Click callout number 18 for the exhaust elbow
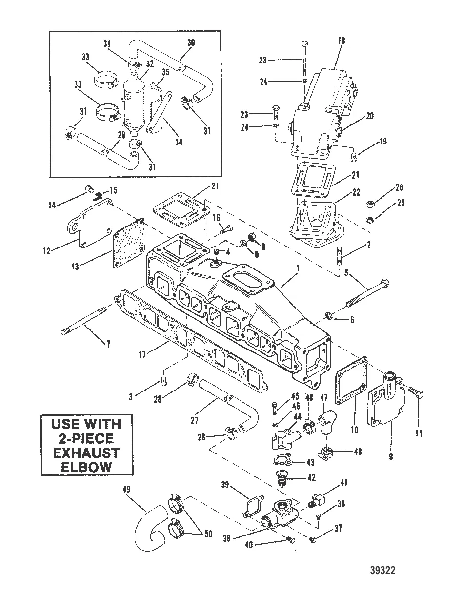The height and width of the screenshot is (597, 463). pyautogui.click(x=341, y=41)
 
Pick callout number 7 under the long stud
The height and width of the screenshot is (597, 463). pyautogui.click(x=108, y=344)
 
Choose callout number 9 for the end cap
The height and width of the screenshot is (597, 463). pyautogui.click(x=391, y=457)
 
